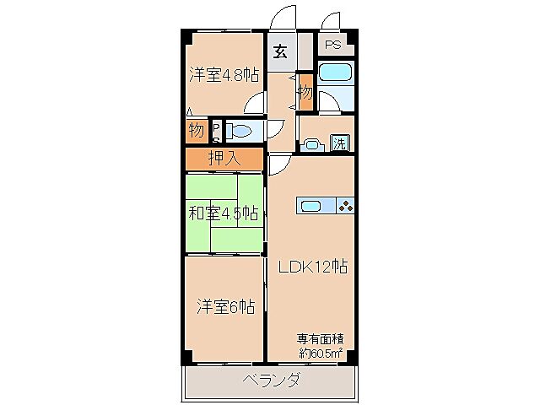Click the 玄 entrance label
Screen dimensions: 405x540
[x=280, y=51]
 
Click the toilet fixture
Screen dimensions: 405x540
[x=240, y=131]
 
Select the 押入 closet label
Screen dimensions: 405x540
[x=224, y=157]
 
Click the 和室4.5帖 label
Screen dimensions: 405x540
[x=224, y=213]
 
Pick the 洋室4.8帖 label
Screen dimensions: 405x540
[x=224, y=75]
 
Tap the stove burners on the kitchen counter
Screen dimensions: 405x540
[x=344, y=206]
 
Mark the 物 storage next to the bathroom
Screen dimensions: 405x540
[x=305, y=93]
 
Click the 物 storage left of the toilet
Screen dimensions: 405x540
[x=196, y=131]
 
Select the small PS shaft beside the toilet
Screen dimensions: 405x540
[x=216, y=131]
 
